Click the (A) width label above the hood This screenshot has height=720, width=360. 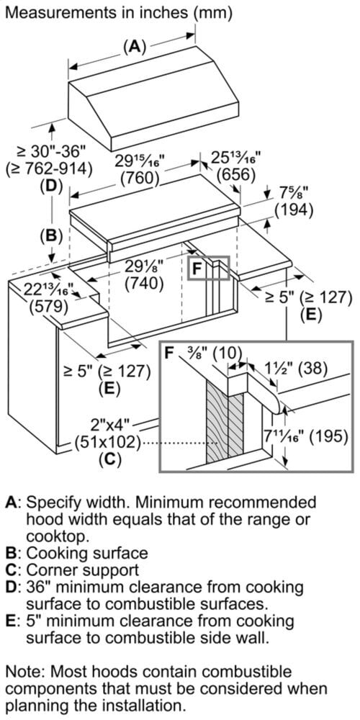pyautogui.click(x=134, y=47)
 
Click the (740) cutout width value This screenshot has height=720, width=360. pyautogui.click(x=145, y=283)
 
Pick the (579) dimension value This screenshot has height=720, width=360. pyautogui.click(x=48, y=306)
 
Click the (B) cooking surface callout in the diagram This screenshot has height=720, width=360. pyautogui.click(x=50, y=235)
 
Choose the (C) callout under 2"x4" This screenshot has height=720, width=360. pyautogui.click(x=112, y=459)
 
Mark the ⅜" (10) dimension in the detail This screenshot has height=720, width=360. pyautogui.click(x=210, y=354)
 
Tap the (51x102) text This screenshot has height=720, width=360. pyautogui.click(x=107, y=442)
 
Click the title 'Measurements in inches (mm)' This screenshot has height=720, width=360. pyautogui.click(x=119, y=12)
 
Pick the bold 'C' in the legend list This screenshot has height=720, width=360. pyautogui.click(x=11, y=570)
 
